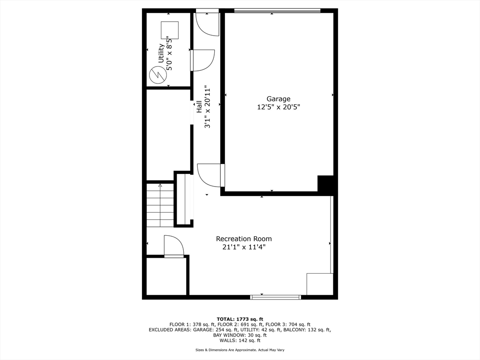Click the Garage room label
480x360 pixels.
pos(278,99)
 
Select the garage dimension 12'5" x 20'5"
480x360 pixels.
pos(278,107)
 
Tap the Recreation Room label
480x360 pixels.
pos(244,239)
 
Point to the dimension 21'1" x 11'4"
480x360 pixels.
pos(244,247)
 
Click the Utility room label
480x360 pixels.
pos(161,53)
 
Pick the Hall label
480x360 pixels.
pos(199,106)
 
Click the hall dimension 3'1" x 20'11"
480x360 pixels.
pos(207,106)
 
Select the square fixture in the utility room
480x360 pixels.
pos(170,30)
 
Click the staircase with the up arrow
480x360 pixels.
pos(160,205)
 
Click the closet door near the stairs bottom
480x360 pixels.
pos(173,247)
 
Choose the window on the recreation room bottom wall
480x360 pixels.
pos(276,297)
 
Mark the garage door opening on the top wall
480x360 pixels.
pos(277,11)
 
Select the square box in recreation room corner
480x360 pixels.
pos(320,284)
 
